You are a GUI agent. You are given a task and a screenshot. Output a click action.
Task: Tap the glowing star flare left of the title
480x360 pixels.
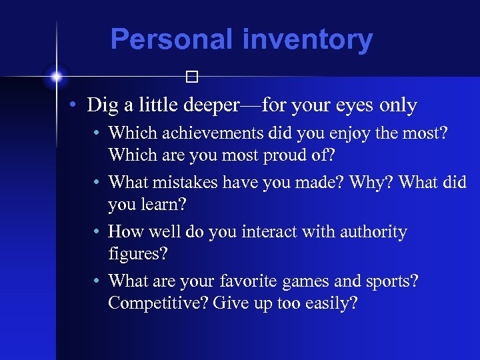(x=57, y=77)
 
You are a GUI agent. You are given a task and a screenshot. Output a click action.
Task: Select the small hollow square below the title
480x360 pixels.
(x=192, y=77)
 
